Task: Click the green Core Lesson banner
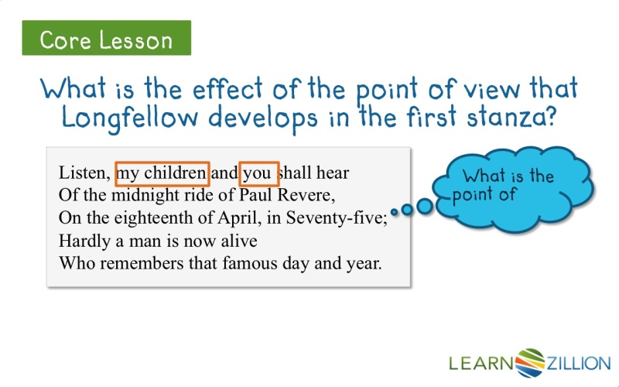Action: point(107,38)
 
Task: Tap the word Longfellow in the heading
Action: point(129,118)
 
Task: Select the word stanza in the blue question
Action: point(511,117)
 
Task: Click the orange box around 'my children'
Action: point(162,163)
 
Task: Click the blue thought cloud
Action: point(512,190)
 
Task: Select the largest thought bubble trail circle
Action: point(425,206)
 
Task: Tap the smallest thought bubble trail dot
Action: point(395,211)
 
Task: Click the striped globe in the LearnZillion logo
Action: point(530,363)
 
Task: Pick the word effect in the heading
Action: point(227,88)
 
